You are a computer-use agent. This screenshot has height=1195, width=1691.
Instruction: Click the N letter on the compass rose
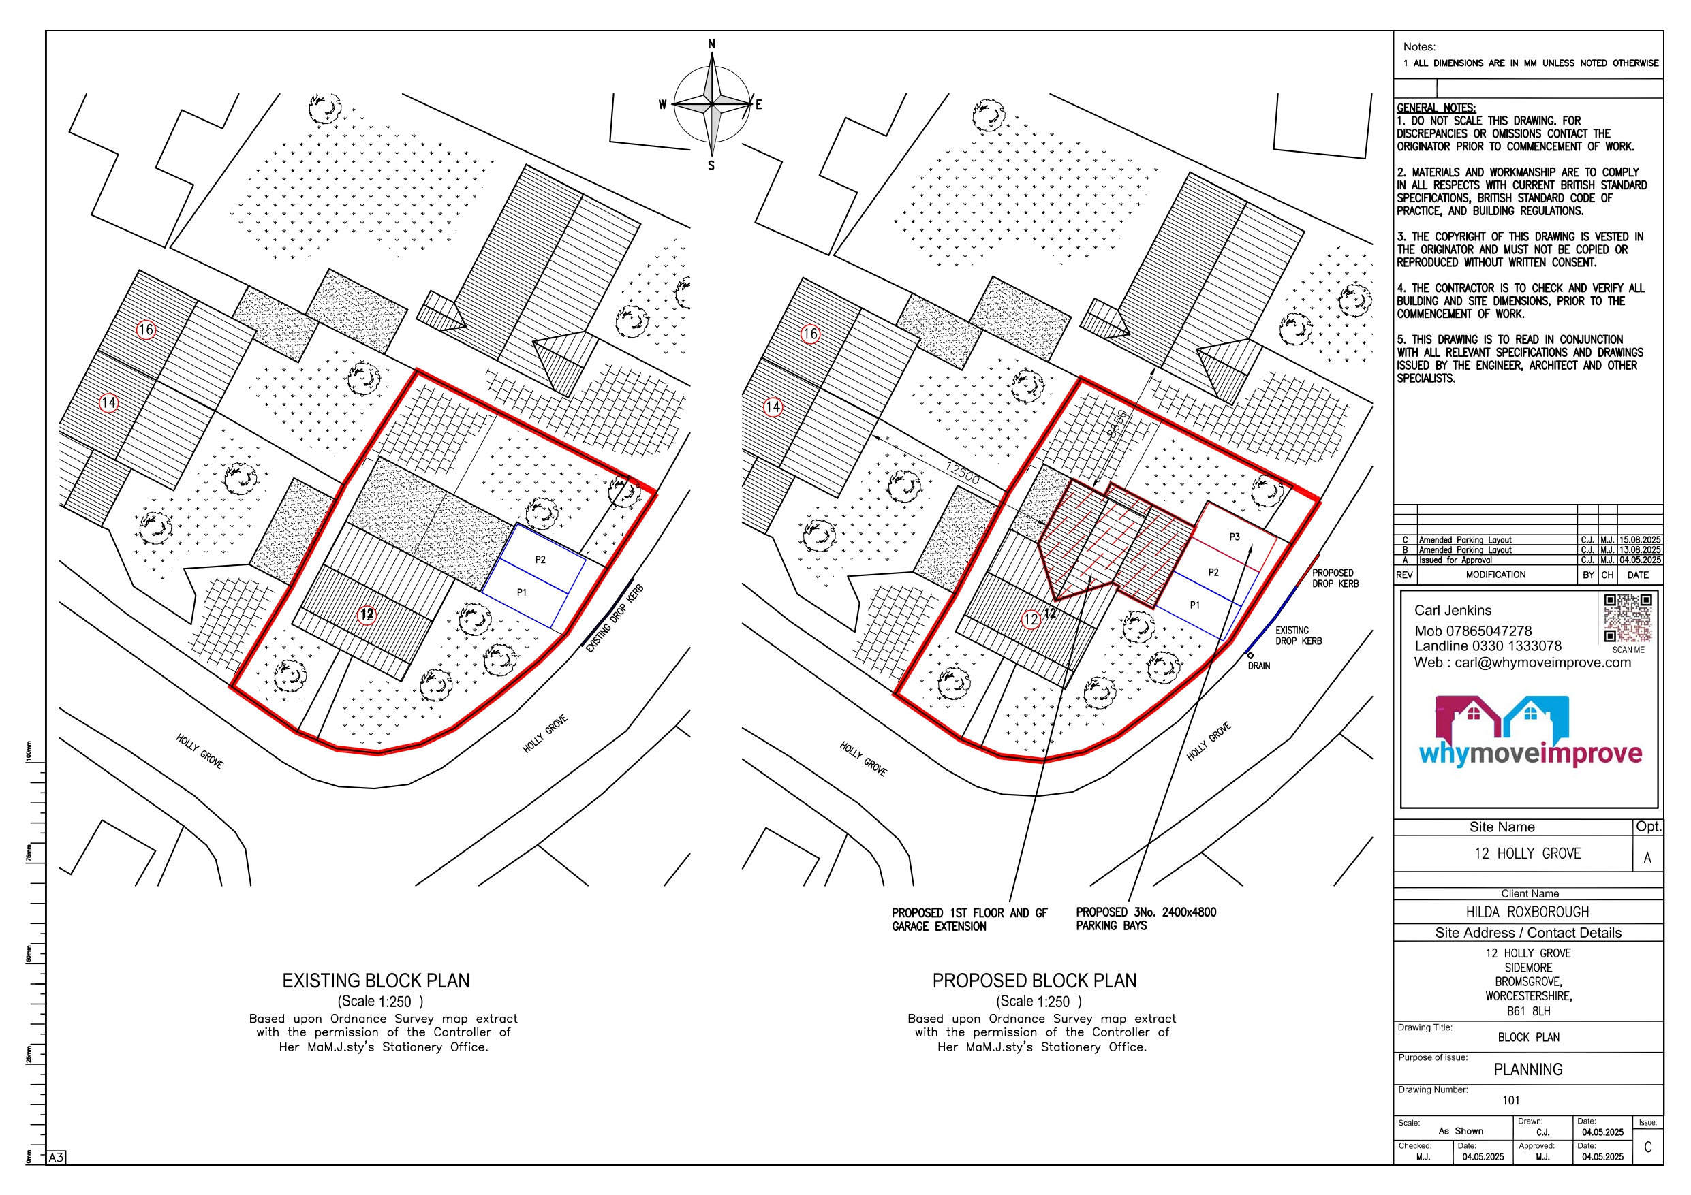click(711, 44)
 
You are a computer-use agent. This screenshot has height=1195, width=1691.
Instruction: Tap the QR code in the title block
click(1628, 618)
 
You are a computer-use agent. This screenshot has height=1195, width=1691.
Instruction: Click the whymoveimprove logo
click(1530, 732)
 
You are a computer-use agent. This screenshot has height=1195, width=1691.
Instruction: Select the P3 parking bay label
click(1235, 537)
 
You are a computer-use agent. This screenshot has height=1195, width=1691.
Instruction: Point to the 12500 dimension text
click(963, 473)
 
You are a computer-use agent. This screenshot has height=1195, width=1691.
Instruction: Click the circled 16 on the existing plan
click(146, 329)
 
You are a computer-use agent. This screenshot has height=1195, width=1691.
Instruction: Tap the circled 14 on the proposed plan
click(773, 407)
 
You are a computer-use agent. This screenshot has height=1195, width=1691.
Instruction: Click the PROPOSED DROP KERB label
click(1335, 578)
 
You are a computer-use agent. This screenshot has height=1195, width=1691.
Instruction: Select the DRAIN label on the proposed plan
click(1258, 666)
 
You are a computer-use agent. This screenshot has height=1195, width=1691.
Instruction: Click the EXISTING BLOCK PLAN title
click(375, 981)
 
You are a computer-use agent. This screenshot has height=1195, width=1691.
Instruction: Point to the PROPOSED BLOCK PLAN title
click(1034, 981)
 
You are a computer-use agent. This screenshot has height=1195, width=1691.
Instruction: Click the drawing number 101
click(1510, 1100)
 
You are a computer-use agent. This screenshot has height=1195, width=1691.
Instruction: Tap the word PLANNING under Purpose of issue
click(1527, 1069)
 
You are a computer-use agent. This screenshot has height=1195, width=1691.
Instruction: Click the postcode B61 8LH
click(1528, 1011)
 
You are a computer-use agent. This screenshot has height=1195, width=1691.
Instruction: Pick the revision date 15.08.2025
click(1639, 540)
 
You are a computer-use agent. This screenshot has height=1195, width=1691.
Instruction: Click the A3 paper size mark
click(56, 1158)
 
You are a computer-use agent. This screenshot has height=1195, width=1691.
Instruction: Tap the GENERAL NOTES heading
click(1436, 108)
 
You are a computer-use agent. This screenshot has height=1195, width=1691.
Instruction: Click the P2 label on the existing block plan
click(540, 560)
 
